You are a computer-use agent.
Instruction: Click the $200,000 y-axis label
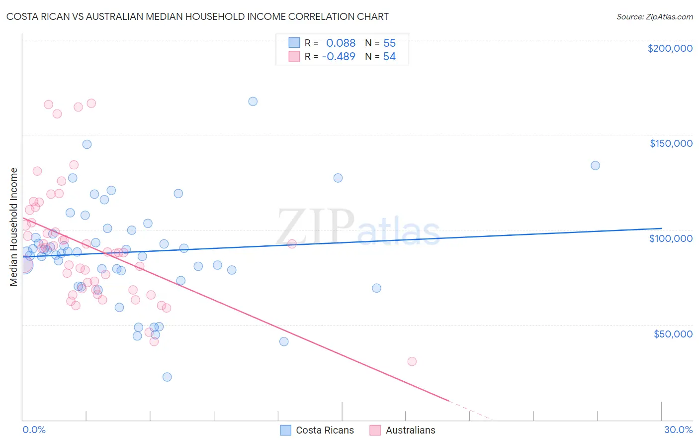[670, 48]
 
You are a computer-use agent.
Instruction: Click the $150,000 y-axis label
[671, 143]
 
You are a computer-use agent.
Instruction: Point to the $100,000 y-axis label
[671, 238]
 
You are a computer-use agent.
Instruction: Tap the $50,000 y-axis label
[673, 333]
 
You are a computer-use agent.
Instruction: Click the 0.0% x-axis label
[34, 430]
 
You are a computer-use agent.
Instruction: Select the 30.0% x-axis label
[678, 430]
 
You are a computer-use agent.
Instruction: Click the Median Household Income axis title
[14, 227]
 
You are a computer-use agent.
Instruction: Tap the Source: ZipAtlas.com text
[654, 17]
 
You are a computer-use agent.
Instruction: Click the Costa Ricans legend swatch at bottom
[285, 430]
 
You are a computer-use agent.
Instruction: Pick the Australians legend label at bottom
[410, 430]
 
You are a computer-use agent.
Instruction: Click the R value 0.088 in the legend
[341, 43]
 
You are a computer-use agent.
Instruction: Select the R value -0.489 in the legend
[339, 56]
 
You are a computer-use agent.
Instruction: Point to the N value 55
[389, 43]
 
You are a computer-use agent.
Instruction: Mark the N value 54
[389, 56]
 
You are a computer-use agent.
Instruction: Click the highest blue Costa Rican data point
[253, 101]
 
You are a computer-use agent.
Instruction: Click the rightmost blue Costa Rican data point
[595, 165]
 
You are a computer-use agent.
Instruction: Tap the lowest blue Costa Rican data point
[167, 377]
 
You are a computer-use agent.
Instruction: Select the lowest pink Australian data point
[412, 361]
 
